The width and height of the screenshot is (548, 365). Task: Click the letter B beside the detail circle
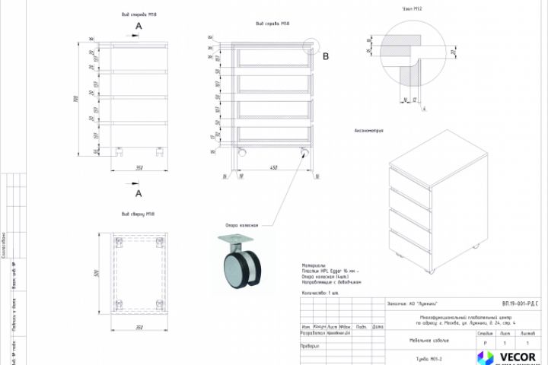(x=325, y=56)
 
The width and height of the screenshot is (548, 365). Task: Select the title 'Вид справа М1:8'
(x=273, y=24)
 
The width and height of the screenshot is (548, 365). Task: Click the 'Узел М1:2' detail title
(x=412, y=9)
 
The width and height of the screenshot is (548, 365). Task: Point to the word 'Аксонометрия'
(x=368, y=131)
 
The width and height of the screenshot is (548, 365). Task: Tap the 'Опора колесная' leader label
(x=242, y=225)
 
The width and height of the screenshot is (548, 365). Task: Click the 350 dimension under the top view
(x=139, y=328)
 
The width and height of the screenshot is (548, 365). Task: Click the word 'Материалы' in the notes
(x=314, y=266)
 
